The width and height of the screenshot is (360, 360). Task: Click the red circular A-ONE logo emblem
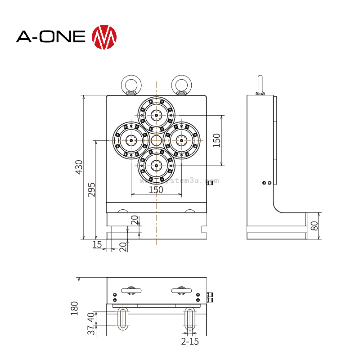coord(104,37)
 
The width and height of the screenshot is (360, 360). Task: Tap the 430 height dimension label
coord(79,167)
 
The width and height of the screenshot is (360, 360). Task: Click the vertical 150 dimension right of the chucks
coord(217,140)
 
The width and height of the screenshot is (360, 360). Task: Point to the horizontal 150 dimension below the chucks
coord(156,189)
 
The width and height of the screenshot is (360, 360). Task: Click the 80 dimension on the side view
coord(315,226)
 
